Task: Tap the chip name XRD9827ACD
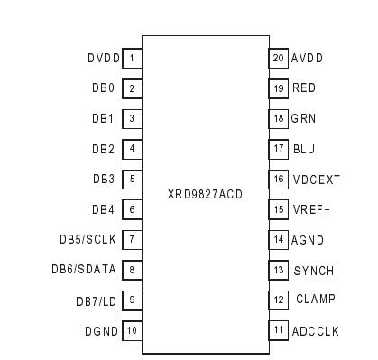[x=205, y=195]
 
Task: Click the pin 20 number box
[x=279, y=59]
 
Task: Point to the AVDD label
[x=308, y=59]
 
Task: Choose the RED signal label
[x=304, y=88]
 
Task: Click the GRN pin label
[x=304, y=119]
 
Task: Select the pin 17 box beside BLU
[x=279, y=149]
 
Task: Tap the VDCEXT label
[x=317, y=180]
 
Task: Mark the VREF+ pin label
[x=310, y=209]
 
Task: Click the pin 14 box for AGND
[x=279, y=240]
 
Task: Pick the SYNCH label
[x=314, y=271]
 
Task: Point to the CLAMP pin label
[x=315, y=300]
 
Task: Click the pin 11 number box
[x=279, y=331]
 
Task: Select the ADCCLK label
[x=316, y=331]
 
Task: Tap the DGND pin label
[x=101, y=331]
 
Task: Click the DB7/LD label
[x=96, y=300]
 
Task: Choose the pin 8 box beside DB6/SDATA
[x=132, y=270]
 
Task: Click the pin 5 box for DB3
[x=132, y=180]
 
